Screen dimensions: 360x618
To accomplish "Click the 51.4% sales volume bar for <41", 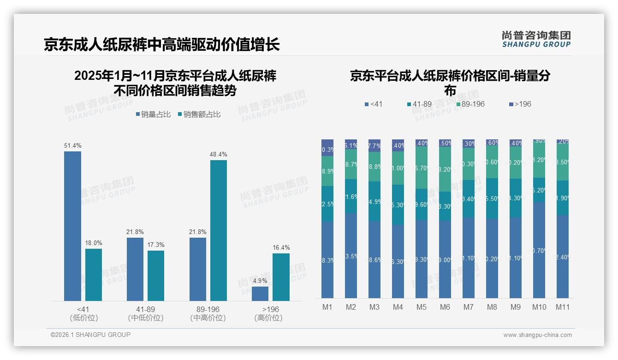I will [72, 226].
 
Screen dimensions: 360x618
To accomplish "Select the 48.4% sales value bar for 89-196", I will [219, 230].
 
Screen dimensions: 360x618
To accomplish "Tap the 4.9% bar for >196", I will [260, 294].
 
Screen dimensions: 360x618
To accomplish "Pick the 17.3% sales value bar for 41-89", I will [156, 276].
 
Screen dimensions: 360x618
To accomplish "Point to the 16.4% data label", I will [281, 248].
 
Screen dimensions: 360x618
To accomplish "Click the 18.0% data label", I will [94, 243].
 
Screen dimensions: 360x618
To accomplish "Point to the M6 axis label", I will [445, 307].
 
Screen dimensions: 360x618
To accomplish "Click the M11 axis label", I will [562, 307].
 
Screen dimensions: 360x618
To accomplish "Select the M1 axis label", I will [327, 307].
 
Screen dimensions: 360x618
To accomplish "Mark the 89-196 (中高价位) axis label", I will [208, 313].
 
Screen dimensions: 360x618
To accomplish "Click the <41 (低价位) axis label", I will [83, 313].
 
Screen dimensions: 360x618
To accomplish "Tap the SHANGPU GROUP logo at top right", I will [536, 39].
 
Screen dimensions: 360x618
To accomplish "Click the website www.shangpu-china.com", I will [537, 335].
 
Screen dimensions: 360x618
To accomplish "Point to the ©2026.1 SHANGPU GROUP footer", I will [90, 335].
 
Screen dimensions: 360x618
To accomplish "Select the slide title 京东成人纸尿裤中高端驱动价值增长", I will [162, 45].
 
